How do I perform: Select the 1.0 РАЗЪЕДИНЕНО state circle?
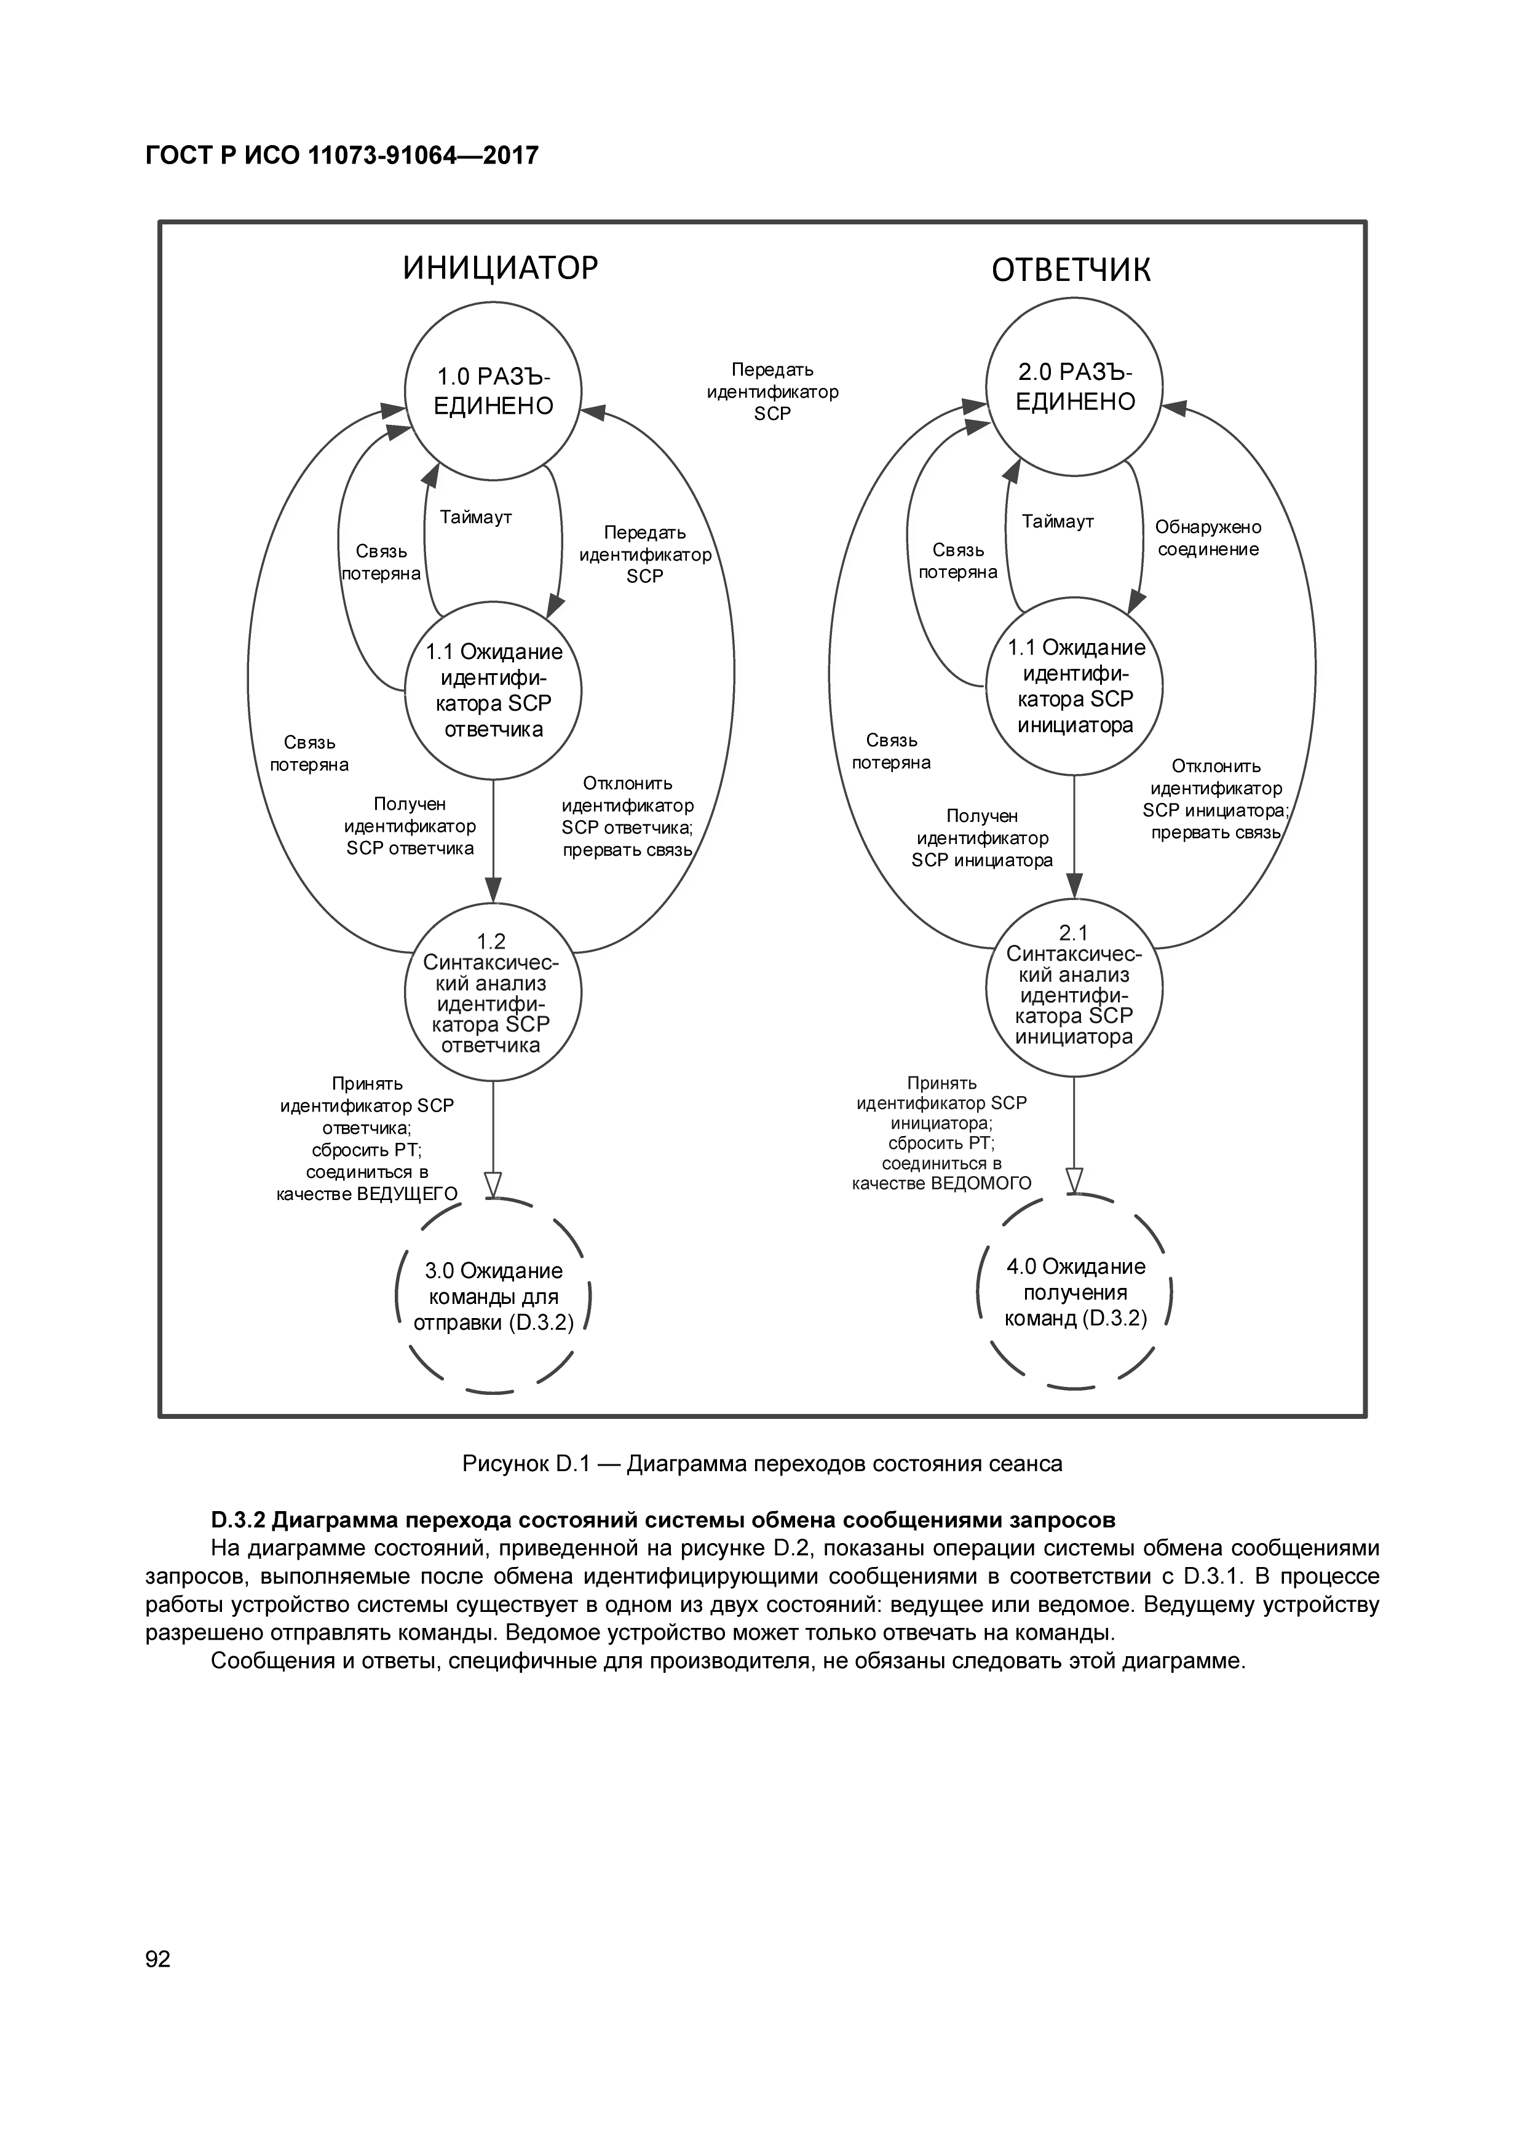(x=493, y=390)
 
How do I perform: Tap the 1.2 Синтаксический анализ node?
(x=493, y=993)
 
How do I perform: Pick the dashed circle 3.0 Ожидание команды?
(x=493, y=1297)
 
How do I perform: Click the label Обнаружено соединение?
(x=1208, y=538)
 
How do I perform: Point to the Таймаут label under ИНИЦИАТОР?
(x=476, y=518)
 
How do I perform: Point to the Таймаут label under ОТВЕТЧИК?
(x=1058, y=521)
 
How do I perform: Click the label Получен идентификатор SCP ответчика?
(x=410, y=826)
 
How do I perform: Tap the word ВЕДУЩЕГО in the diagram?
(x=408, y=1193)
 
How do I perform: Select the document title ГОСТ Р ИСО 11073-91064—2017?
(x=342, y=155)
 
